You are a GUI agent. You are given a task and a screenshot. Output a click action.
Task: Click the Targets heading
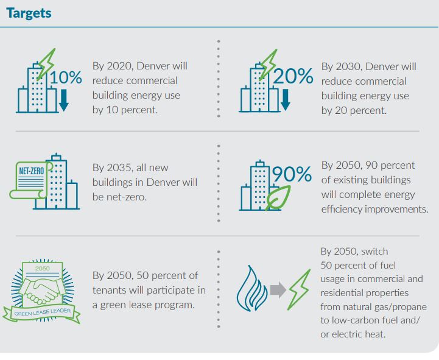[x=29, y=13]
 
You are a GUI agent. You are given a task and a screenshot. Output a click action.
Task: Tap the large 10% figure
[x=66, y=77]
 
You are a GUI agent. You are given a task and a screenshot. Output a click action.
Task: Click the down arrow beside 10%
[x=63, y=100]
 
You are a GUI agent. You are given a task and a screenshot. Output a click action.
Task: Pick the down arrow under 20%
[x=285, y=100]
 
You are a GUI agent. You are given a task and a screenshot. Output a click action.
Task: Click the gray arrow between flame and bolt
[x=278, y=290]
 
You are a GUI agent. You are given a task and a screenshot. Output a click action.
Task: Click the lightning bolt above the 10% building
[x=44, y=62]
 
